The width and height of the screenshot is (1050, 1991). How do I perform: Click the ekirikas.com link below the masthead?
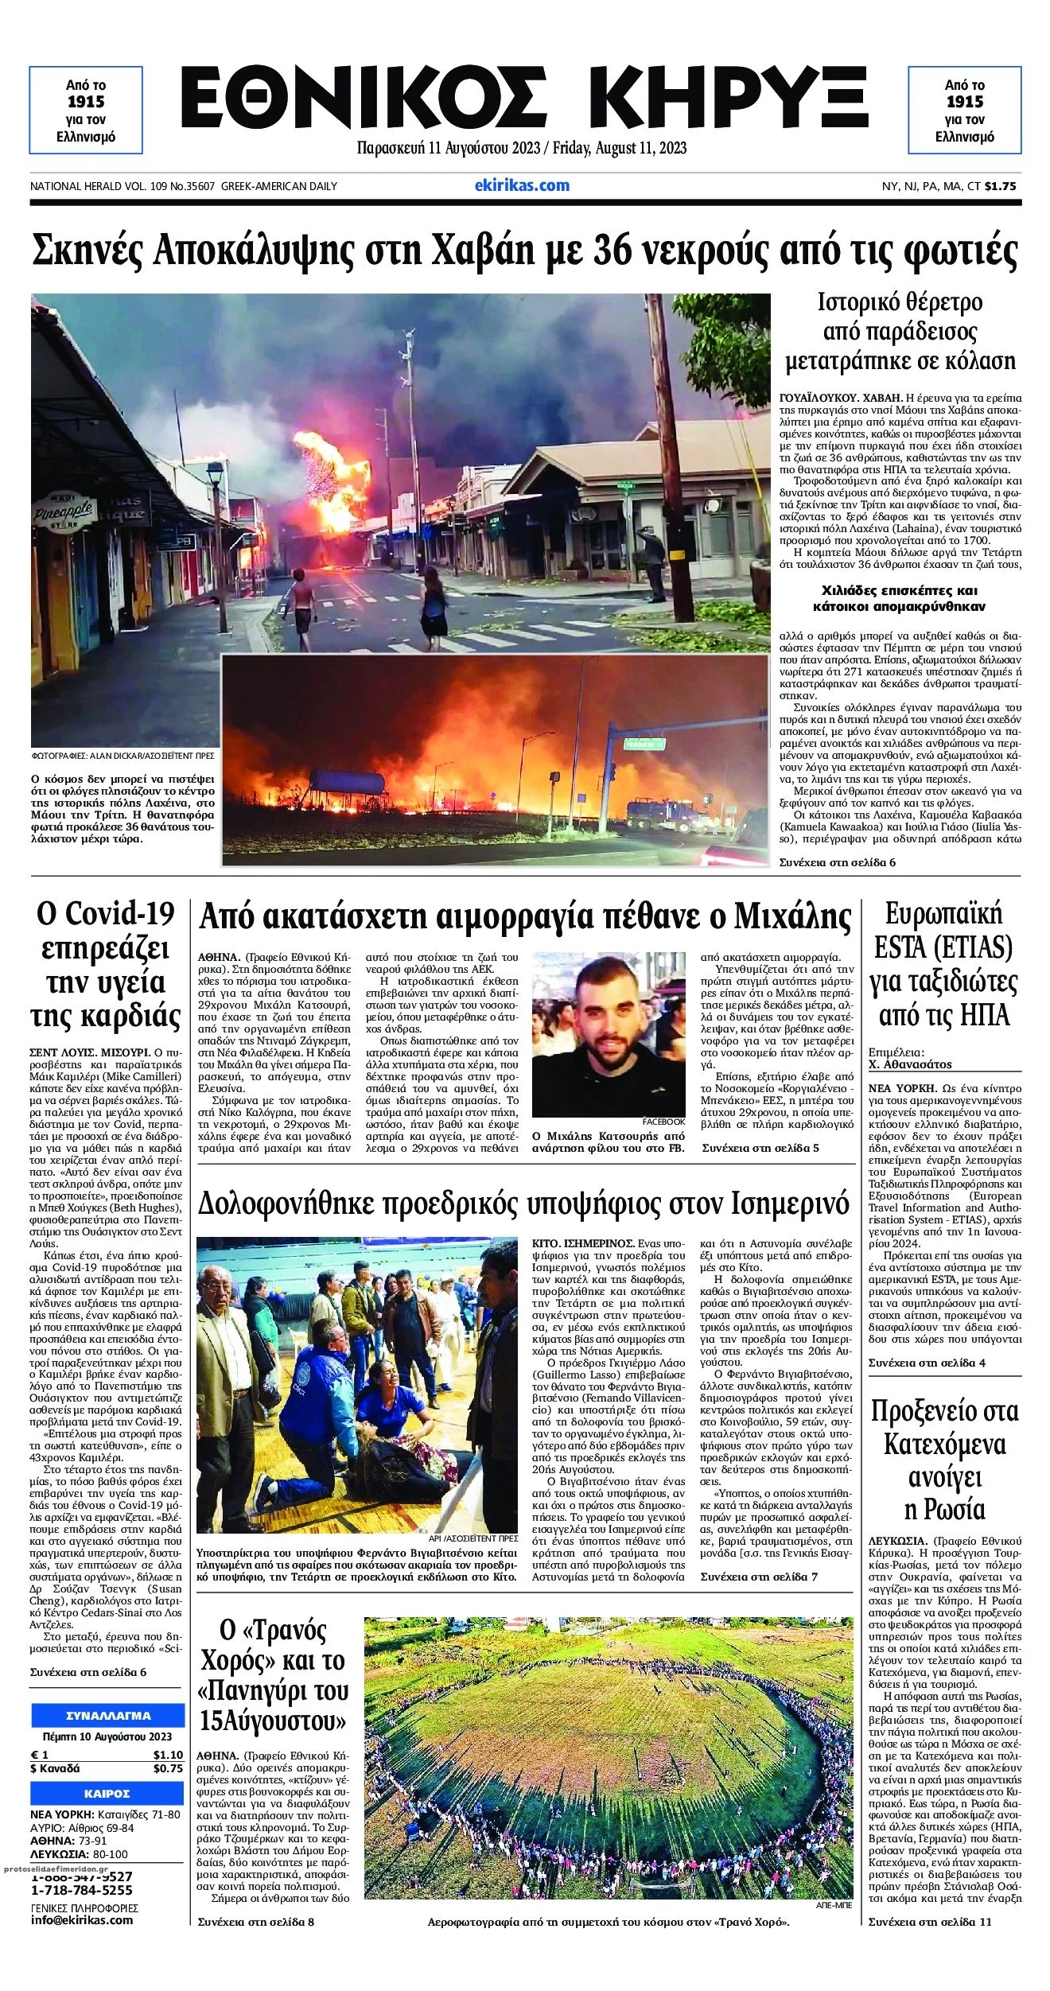522,185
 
